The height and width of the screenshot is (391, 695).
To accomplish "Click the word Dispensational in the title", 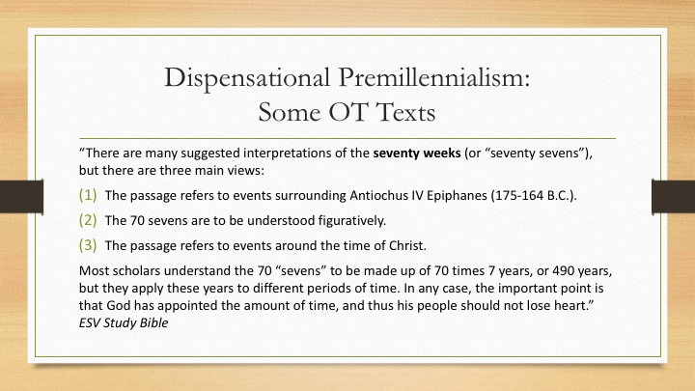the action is coord(247,78).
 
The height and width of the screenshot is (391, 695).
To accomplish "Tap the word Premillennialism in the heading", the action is coord(434,78).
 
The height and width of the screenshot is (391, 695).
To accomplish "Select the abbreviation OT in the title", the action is coord(348,112).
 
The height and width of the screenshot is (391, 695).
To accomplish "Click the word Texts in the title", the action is coord(406,112).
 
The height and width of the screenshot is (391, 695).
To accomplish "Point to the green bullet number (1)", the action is coord(88,195).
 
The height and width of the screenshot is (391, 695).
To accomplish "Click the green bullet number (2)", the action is coord(88,220).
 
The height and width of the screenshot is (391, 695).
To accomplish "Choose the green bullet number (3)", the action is coord(88,245).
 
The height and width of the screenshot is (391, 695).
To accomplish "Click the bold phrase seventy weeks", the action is coord(417,153).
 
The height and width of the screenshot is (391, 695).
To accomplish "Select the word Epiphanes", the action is coord(457,196).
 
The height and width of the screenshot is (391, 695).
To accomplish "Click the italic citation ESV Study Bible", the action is coord(124,322).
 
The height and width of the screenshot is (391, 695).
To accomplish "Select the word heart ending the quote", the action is coord(570,305).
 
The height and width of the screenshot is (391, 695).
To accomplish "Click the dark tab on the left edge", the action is coord(21,196).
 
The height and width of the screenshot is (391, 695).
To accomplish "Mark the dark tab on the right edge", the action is coord(674,196).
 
